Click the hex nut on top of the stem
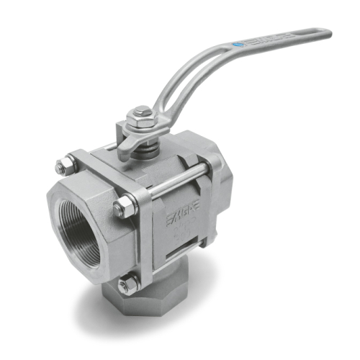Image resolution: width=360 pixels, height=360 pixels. click(141, 113)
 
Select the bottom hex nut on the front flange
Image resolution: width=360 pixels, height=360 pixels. click(127, 285)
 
